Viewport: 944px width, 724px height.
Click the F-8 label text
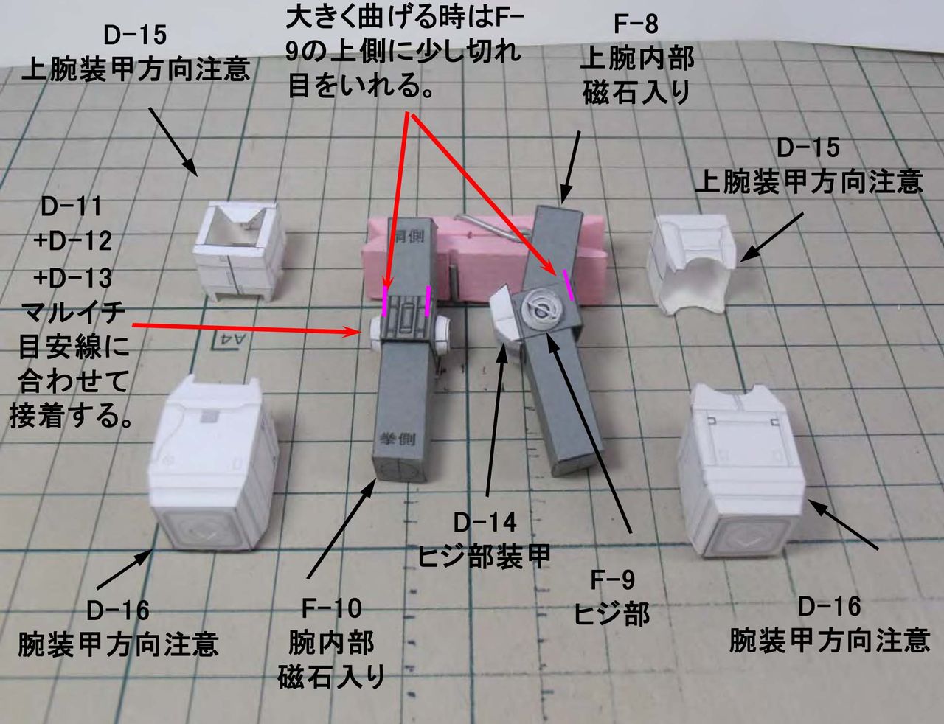[x=636, y=24]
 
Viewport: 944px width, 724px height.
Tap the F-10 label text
[x=331, y=609]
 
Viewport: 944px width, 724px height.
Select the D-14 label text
[x=485, y=523]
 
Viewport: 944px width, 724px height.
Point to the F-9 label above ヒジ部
[x=612, y=580]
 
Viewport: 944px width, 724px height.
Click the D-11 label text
[x=72, y=207]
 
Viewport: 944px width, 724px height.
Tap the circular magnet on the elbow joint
[x=544, y=313]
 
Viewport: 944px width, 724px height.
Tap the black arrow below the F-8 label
[x=572, y=166]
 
